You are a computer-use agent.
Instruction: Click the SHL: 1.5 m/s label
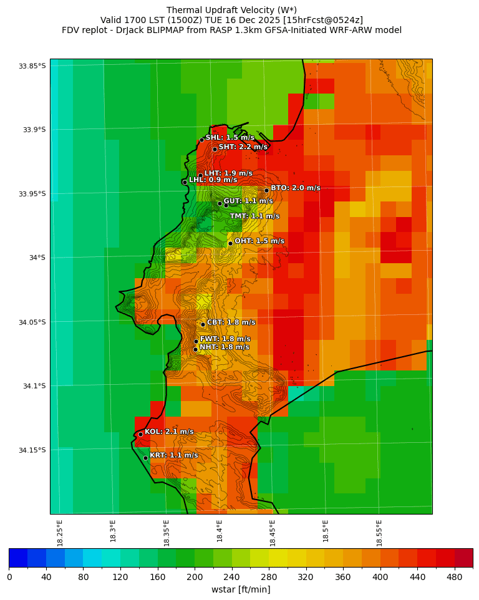230,137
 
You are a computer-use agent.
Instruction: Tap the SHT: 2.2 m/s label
243,147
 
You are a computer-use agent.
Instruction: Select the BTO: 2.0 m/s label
295,188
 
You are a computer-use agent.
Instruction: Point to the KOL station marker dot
140,434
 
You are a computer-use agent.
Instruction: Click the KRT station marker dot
145,458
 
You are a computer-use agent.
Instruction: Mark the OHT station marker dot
230,243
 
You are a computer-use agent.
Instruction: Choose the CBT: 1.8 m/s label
231,322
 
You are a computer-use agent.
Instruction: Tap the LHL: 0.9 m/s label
213,180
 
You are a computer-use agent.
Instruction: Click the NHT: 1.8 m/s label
224,347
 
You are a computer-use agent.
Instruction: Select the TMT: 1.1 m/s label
254,216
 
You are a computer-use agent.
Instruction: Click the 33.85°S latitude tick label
32,66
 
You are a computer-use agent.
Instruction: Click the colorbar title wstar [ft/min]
241,589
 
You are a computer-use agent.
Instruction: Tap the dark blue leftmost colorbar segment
18,558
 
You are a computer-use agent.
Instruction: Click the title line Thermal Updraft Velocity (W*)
231,10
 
